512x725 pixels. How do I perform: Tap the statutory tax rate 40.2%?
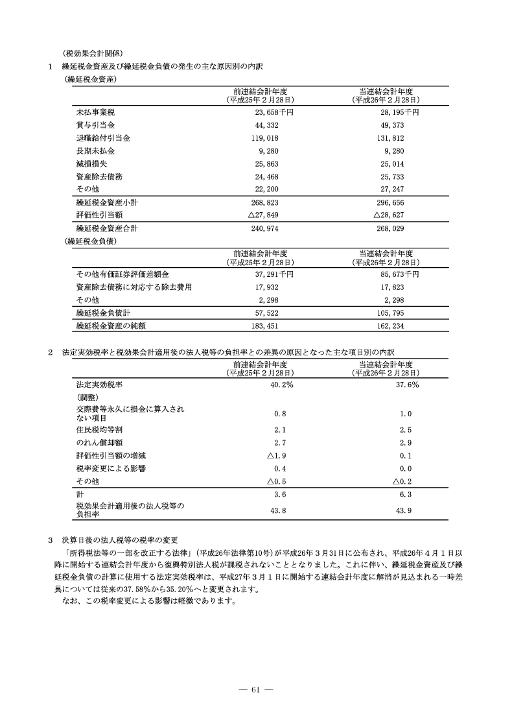[281, 385]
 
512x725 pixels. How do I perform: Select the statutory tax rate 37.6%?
[406, 385]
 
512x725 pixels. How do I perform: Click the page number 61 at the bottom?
[255, 689]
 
